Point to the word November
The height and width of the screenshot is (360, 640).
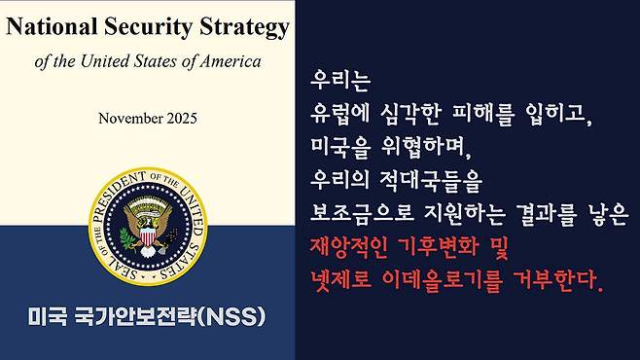click(x=130, y=119)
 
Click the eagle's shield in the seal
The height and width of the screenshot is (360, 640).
click(x=148, y=234)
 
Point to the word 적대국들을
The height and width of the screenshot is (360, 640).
click(x=429, y=180)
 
